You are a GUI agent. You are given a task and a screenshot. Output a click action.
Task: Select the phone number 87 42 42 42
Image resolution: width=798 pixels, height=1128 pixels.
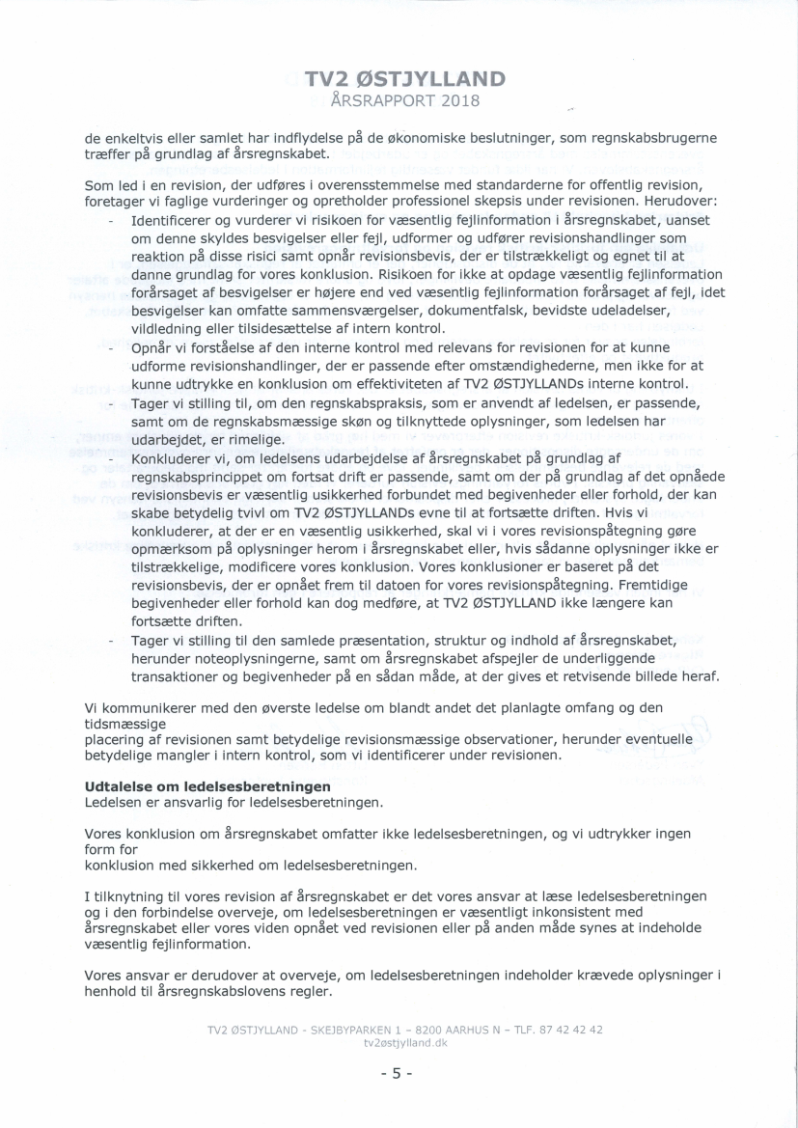click(x=570, y=1030)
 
